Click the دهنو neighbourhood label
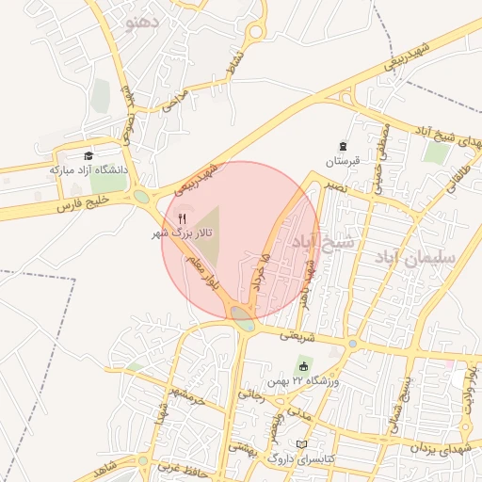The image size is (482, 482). point(149,21)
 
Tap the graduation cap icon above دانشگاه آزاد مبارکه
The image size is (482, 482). point(88,156)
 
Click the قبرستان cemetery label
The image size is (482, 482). point(344,161)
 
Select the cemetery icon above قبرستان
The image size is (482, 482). point(344,147)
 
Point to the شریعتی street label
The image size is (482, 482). point(286,334)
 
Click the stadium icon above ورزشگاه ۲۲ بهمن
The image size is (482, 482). point(303,366)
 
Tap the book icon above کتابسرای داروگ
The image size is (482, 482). point(301,444)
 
